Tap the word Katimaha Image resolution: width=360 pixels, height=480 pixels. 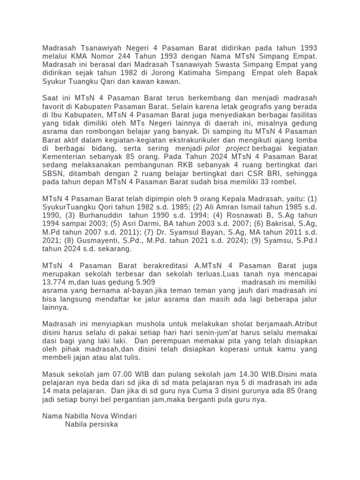coord(185,73)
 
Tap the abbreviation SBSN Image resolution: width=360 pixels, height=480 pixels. coord(52,173)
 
